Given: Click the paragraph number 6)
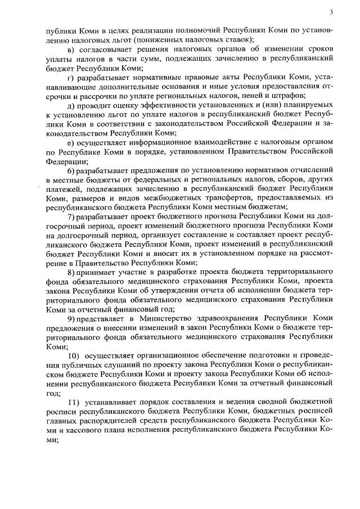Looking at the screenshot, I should (71, 170).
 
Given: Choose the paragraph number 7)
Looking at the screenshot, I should (71, 216).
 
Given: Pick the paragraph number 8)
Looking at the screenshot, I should (71, 272).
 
